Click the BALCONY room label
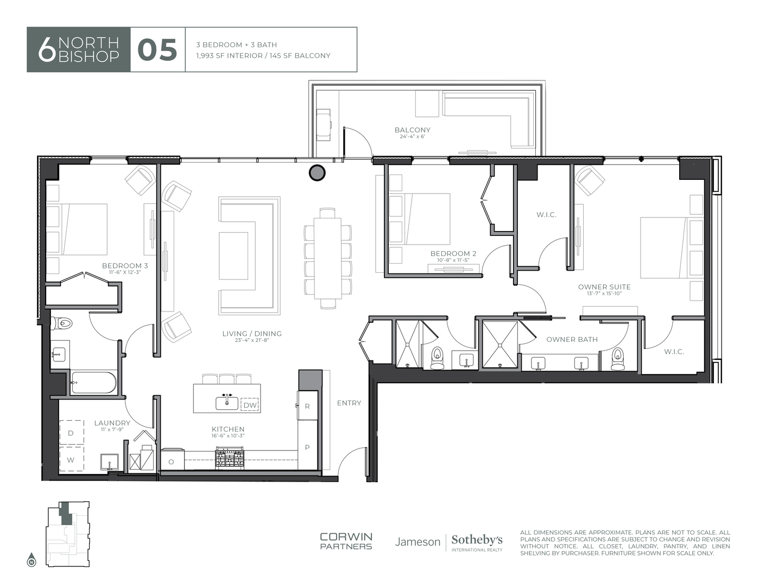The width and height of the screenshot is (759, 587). coord(412,130)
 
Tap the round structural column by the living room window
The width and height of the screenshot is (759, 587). coord(317,173)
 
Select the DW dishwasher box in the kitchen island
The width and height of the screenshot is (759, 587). coord(250,405)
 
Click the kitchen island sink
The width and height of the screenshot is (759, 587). coord(226,402)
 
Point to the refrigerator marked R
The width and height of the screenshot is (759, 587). coord(307,405)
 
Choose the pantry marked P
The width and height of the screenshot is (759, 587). coord(307,447)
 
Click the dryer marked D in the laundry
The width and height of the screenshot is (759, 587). coord(71,433)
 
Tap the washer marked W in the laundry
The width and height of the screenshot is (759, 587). coord(71,460)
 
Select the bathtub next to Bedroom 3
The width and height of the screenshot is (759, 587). coord(93,382)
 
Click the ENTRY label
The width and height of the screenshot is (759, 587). coord(349,403)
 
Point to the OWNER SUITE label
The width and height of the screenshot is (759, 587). coord(604,287)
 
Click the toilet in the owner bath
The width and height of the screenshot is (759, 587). coord(617,359)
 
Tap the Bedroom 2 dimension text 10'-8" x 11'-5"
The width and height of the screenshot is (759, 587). coord(453,260)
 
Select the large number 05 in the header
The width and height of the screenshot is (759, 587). coord(157,50)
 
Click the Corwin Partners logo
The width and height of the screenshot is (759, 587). coord(346,541)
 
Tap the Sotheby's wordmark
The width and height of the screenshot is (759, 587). coord(477,540)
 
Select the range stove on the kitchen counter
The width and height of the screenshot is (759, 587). coord(229,458)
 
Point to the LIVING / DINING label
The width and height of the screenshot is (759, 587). coord(251,334)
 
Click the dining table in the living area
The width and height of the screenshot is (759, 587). coord(327,258)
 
